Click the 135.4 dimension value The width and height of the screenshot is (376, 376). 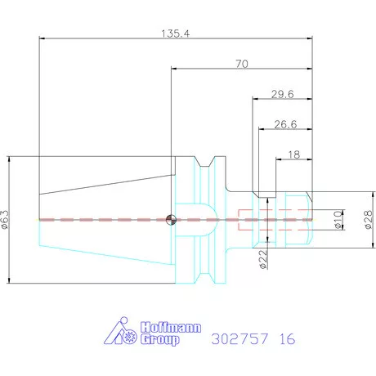[175, 34]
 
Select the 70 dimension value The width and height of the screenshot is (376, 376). [242, 64]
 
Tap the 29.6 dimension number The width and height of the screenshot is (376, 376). [283, 94]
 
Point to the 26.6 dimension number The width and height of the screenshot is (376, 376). [285, 124]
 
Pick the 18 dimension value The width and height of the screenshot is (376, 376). [294, 154]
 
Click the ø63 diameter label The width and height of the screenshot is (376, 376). [5, 220]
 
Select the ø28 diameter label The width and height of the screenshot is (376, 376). [368, 220]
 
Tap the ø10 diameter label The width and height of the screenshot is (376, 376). [338, 220]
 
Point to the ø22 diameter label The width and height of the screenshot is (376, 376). [263, 259]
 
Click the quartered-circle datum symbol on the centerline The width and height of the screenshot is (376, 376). [171, 220]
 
